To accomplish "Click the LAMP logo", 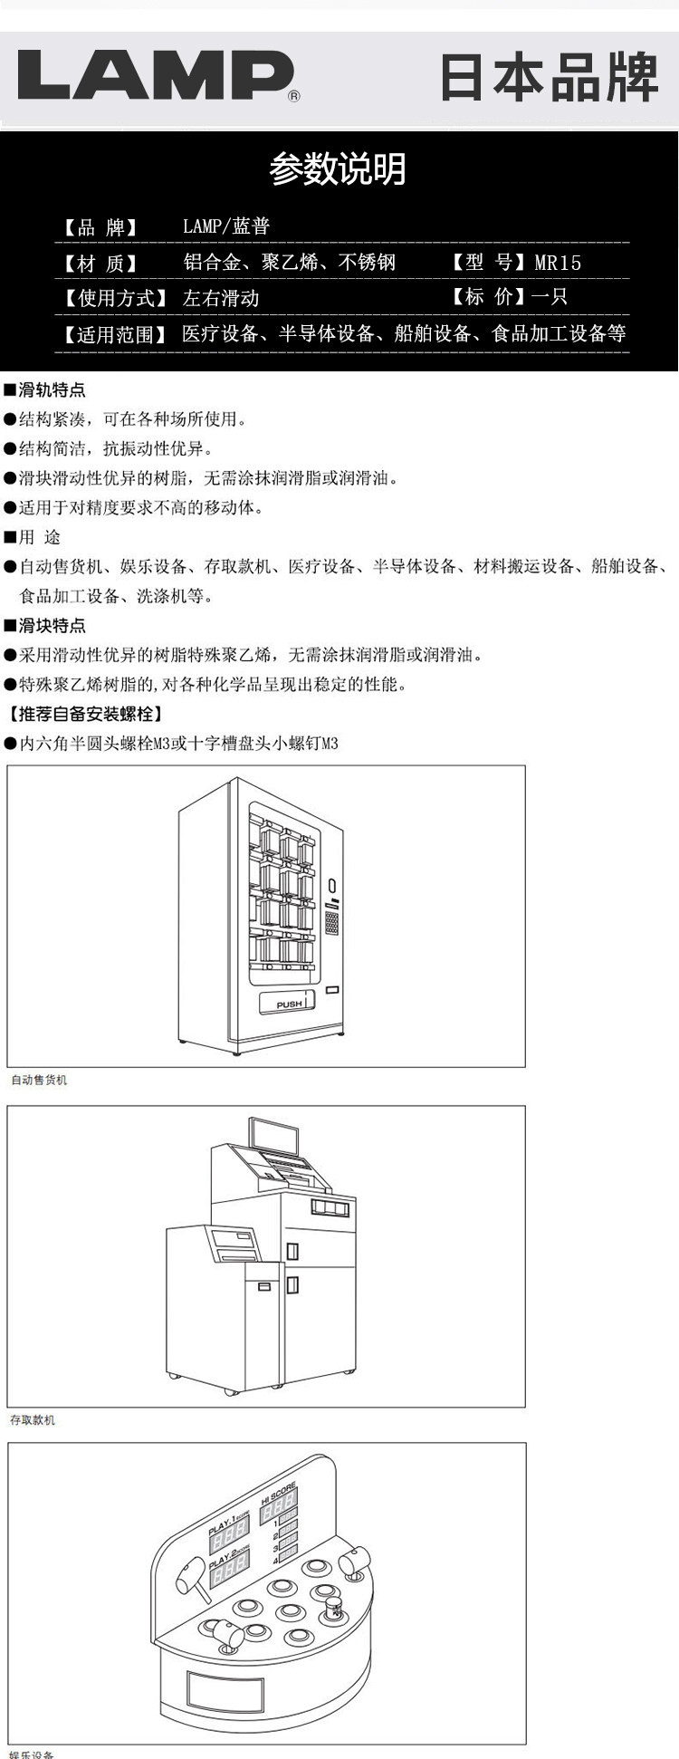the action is [156, 76].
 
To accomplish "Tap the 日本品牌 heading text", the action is [549, 78].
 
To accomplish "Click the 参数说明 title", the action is [338, 169].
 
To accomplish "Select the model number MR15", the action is [558, 263].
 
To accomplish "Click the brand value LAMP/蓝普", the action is [226, 226].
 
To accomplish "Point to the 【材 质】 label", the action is [100, 264].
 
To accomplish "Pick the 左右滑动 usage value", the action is [221, 298].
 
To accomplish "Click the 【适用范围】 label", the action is [114, 334].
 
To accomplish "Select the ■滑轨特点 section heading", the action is [45, 390].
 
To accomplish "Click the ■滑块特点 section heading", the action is [45, 626].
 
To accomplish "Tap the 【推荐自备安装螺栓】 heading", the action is [86, 714].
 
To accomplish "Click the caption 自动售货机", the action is [39, 1080].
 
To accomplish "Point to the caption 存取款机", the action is [33, 1420].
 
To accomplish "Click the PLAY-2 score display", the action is [230, 1576].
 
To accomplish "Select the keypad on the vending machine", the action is [332, 923].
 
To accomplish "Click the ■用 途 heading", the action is [33, 537].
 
